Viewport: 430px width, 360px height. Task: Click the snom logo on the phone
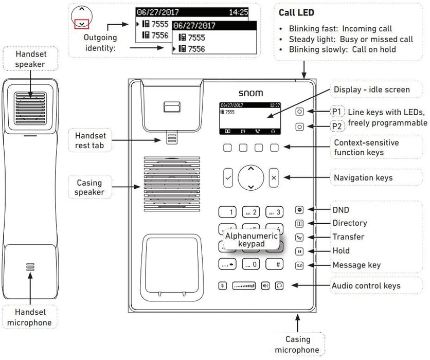[x=250, y=93]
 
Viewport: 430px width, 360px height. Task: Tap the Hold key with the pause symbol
[x=299, y=251]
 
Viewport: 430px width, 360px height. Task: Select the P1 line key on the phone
[x=299, y=112]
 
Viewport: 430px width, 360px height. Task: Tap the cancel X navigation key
[x=274, y=177]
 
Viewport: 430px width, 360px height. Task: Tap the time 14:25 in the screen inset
[x=238, y=11]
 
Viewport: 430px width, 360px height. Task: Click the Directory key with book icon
[x=299, y=224]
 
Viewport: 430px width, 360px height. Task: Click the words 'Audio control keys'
[x=366, y=285]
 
